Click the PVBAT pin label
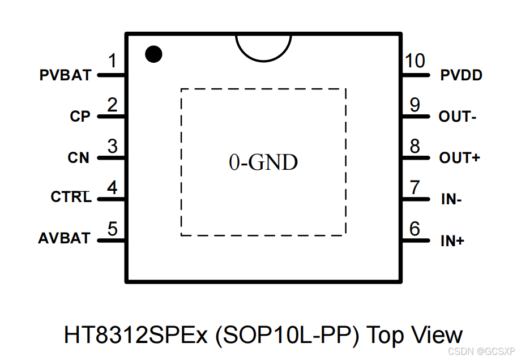tap(65, 75)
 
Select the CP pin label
tap(80, 117)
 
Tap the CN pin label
tap(79, 158)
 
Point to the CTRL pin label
tap(71, 198)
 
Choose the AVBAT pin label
tap(64, 239)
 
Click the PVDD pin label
tap(462, 75)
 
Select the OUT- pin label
tap(458, 117)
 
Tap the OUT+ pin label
tap(459, 158)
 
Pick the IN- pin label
tap(451, 199)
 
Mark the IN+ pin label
tap(452, 241)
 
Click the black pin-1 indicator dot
tap(153, 54)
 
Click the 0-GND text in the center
tap(263, 163)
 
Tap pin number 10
tap(415, 61)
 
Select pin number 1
tap(113, 61)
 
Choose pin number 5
tap(113, 229)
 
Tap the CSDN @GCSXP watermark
tap(480, 351)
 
